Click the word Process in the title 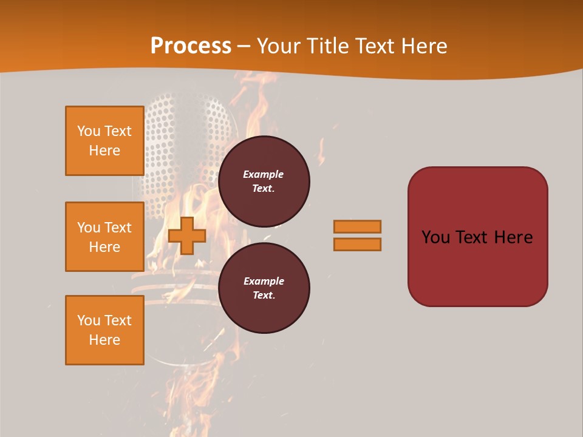pyautogui.click(x=191, y=46)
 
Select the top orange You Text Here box pyautogui.click(x=104, y=141)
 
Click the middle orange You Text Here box pyautogui.click(x=104, y=237)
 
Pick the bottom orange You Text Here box pyautogui.click(x=104, y=330)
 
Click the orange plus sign pyautogui.click(x=187, y=235)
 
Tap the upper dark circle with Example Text pyautogui.click(x=264, y=181)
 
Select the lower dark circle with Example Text pyautogui.click(x=264, y=288)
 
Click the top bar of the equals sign pyautogui.click(x=357, y=226)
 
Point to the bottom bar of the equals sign pyautogui.click(x=357, y=245)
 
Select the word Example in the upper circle pyautogui.click(x=264, y=174)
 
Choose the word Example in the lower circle pyautogui.click(x=264, y=281)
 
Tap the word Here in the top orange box pyautogui.click(x=104, y=151)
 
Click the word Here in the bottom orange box pyautogui.click(x=104, y=340)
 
